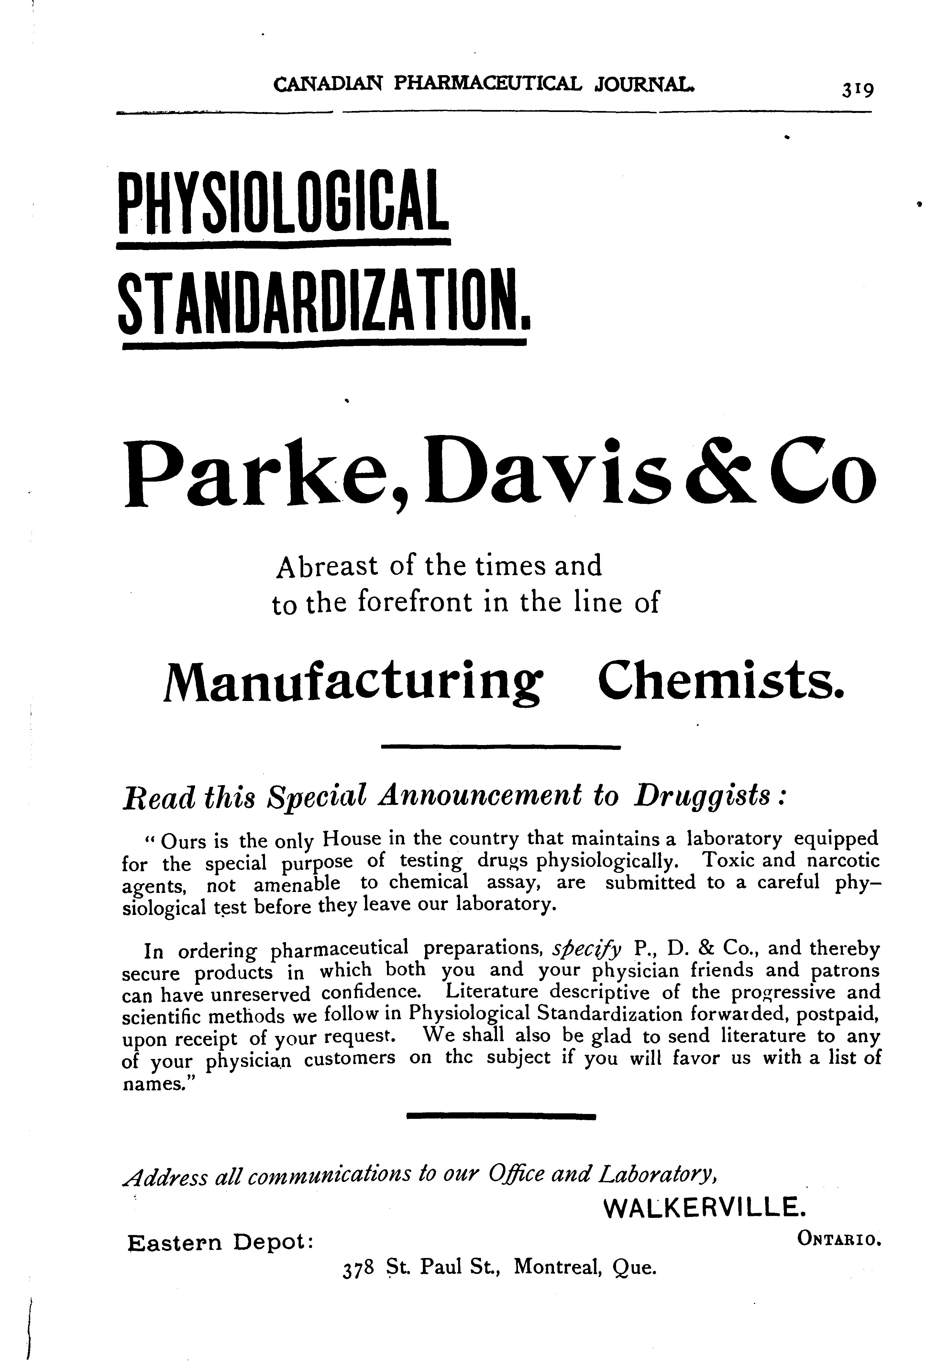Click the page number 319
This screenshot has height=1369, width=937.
click(x=857, y=90)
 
